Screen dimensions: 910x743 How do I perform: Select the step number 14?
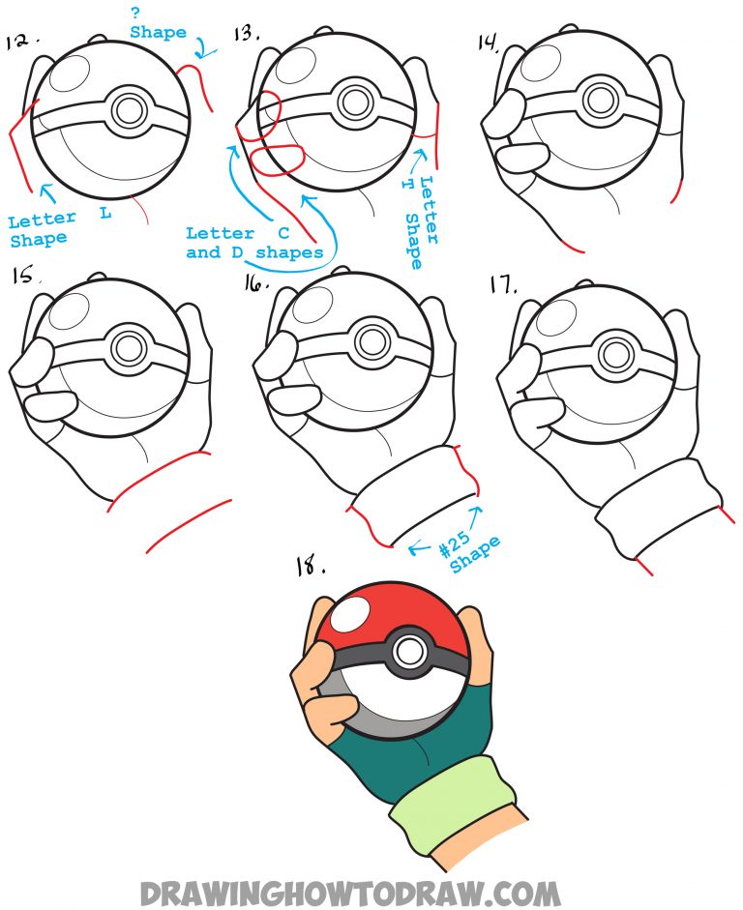(490, 42)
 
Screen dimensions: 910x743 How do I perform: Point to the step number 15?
(23, 276)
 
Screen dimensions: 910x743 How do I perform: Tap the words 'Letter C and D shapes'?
(254, 243)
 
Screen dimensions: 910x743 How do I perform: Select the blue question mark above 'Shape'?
(135, 14)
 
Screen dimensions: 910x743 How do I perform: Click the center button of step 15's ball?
(126, 346)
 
